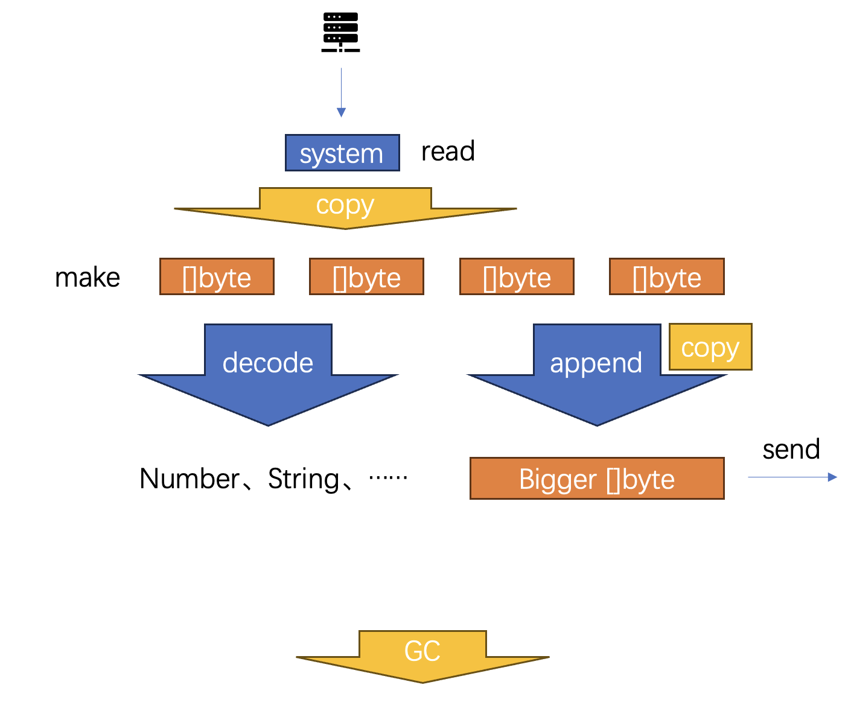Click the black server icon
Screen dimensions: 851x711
point(340,32)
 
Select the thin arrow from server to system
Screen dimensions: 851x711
point(341,92)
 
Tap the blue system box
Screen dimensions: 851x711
point(342,153)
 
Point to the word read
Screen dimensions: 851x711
point(448,151)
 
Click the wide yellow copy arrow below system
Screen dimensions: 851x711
point(345,208)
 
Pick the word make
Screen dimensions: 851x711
point(88,278)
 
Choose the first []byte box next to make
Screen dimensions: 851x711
point(217,276)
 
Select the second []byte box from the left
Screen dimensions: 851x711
point(366,276)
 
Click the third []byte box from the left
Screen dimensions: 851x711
point(517,276)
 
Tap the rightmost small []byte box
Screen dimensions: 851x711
point(667,276)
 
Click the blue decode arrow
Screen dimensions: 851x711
point(268,375)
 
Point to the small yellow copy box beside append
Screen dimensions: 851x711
point(710,346)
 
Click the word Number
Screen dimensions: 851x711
point(189,479)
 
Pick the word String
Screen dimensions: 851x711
point(304,479)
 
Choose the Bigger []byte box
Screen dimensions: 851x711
point(597,478)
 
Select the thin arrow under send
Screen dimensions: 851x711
point(792,477)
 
